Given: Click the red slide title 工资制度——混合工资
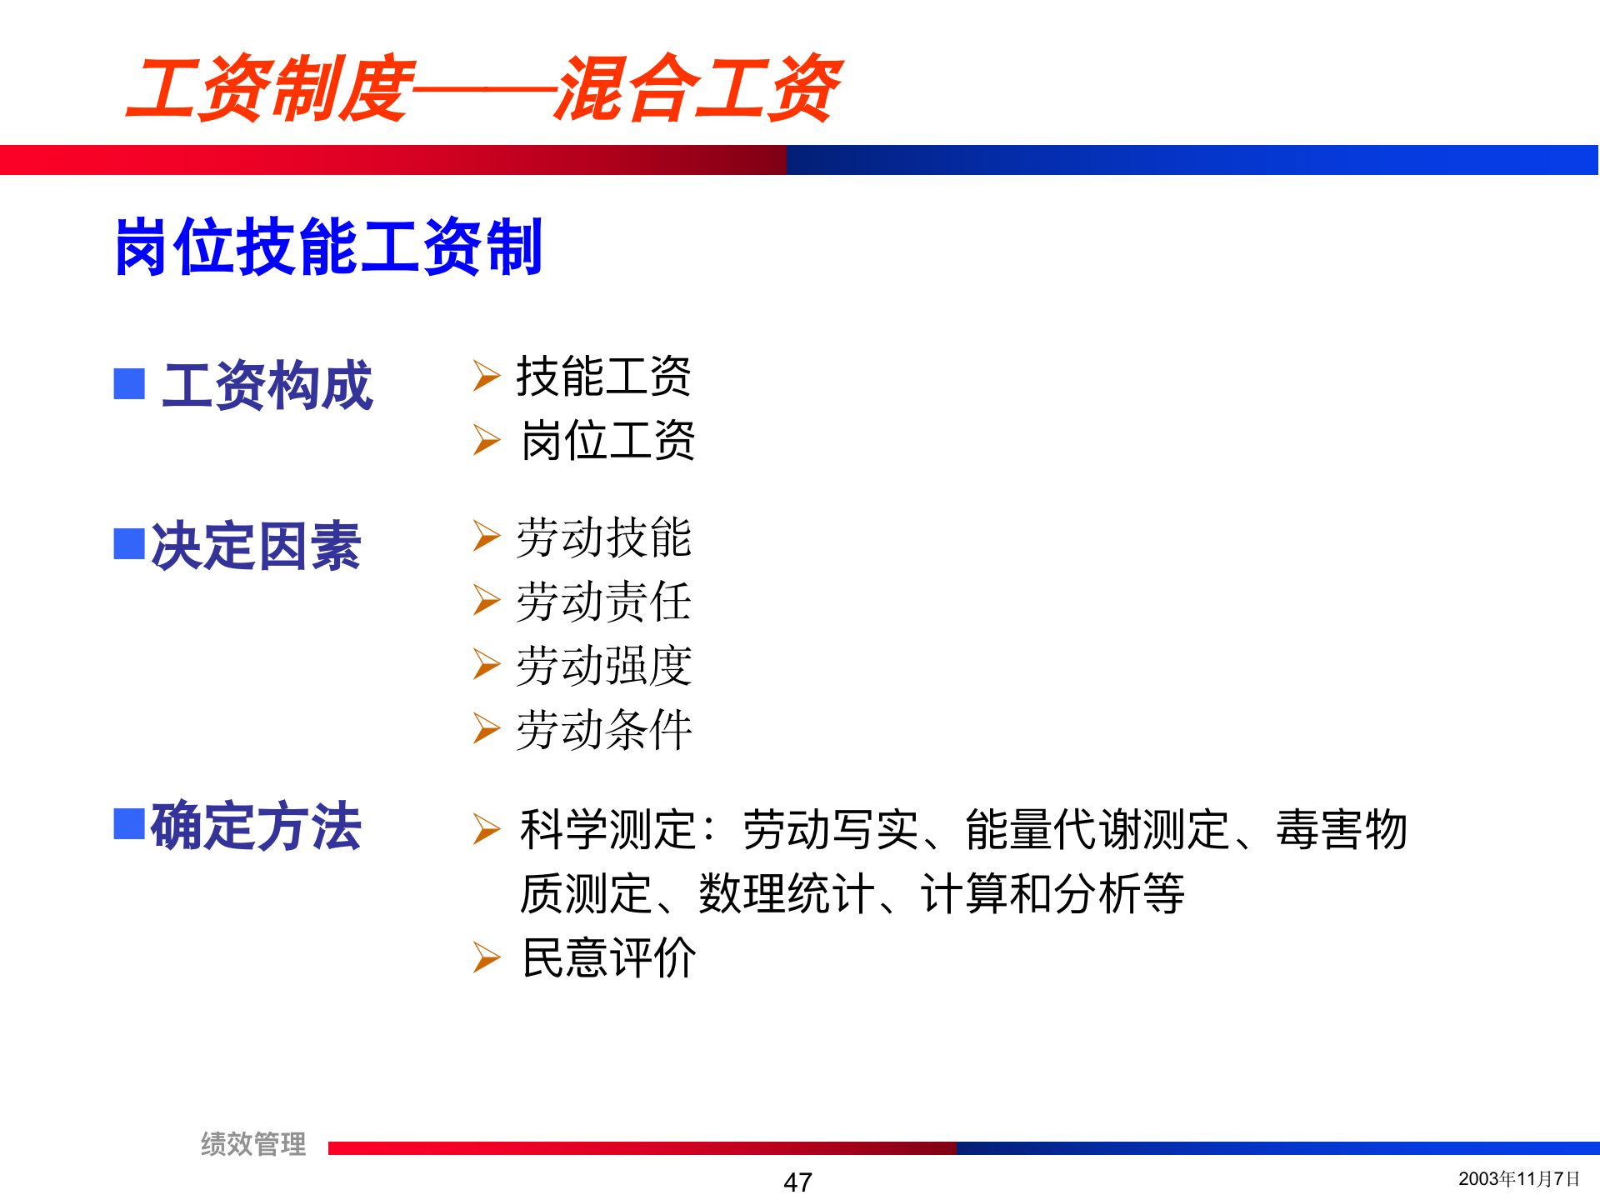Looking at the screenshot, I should click(x=483, y=88).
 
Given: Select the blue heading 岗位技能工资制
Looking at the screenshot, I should click(x=328, y=247).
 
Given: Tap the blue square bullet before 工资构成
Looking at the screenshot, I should click(x=129, y=384).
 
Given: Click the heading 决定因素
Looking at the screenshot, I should click(x=256, y=546).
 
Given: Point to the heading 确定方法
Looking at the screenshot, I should click(x=256, y=826).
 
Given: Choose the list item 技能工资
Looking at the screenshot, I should click(x=603, y=376).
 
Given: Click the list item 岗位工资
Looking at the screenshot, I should click(x=607, y=440).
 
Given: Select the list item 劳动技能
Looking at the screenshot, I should click(x=603, y=537).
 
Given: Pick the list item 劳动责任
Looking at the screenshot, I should click(x=603, y=601).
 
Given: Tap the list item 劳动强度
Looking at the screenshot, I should click(x=603, y=665).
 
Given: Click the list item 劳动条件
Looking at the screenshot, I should click(x=603, y=729).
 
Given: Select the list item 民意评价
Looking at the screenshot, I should click(x=608, y=957).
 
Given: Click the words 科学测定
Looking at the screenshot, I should click(x=607, y=829).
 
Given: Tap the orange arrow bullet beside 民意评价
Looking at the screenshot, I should click(x=486, y=957).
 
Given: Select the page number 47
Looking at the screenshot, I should click(x=797, y=1182).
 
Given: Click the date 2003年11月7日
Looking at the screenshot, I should click(x=1518, y=1178).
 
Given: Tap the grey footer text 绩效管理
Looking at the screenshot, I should click(x=253, y=1143).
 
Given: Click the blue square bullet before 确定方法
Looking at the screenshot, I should click(x=129, y=823).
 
